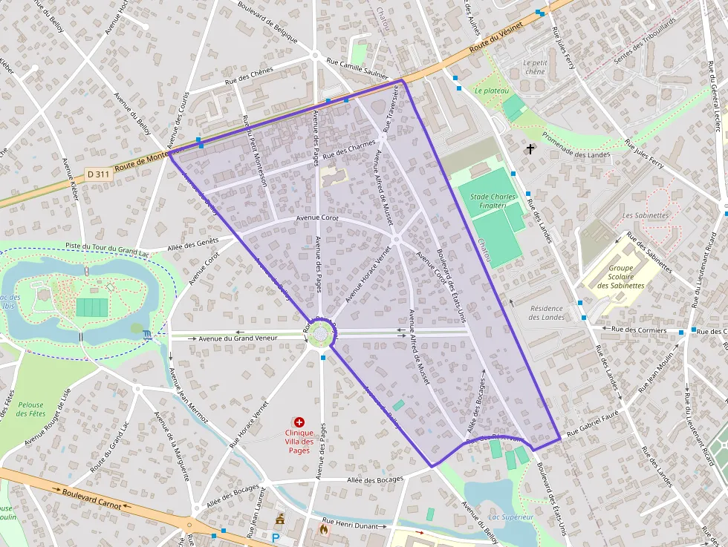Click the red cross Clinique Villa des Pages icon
tap(299, 422)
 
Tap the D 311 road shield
tap(97, 174)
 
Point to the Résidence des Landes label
tap(547, 312)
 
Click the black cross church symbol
tap(530, 149)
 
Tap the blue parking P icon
tap(276, 537)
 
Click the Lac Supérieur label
tap(511, 517)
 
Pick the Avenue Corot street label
tap(318, 218)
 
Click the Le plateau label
tap(491, 91)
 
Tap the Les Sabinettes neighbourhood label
tap(646, 215)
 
